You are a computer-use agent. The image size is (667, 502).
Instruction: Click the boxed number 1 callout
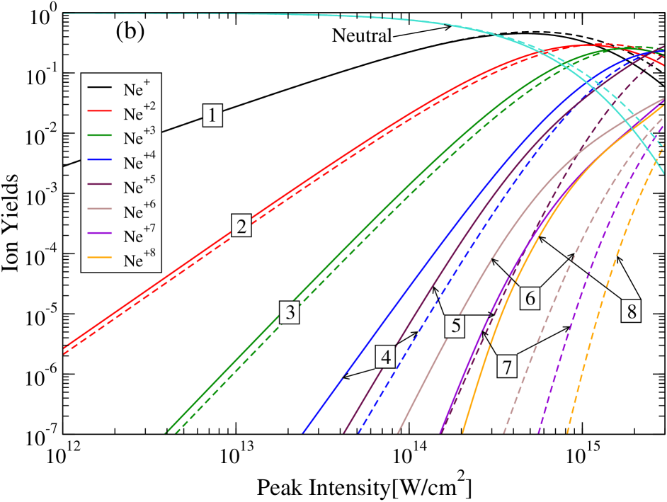(212, 114)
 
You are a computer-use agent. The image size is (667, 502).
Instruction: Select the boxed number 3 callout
(289, 312)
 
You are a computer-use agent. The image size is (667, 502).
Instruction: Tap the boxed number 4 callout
(387, 356)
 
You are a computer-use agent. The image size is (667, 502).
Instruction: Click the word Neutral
(362, 35)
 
